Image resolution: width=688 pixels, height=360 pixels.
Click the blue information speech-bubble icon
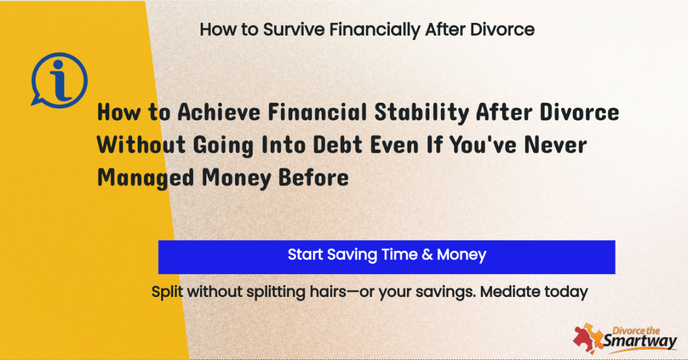[59, 80]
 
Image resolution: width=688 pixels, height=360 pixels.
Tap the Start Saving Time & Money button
[387, 257]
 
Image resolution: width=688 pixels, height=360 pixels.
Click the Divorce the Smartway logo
[626, 338]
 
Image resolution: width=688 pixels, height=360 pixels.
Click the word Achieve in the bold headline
[219, 112]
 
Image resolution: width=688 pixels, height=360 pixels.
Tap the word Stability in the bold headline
[422, 113]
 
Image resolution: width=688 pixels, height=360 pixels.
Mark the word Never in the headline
[555, 145]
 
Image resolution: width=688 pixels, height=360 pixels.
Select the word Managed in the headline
[145, 178]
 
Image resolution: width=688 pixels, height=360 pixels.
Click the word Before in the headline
[313, 178]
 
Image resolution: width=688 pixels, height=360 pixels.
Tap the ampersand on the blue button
[427, 255]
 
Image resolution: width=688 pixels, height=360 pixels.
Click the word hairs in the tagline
[328, 292]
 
